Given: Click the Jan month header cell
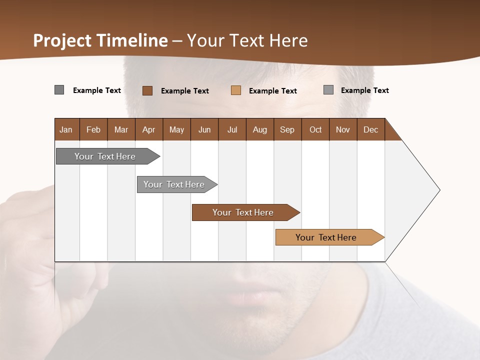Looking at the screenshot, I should coord(66,129).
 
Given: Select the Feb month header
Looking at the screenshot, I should coord(93,129).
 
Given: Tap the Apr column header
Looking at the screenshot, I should coord(149,129).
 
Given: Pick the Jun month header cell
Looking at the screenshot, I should coord(204,129).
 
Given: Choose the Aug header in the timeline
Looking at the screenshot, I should coord(260,129).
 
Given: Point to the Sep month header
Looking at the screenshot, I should coord(287,129).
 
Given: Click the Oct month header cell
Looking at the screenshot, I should coord(315,129).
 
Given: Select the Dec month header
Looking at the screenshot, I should coord(371,129).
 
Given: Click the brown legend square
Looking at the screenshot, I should coord(147,90).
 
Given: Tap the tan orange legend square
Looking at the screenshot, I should coord(236,90).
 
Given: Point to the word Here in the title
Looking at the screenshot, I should coord(288,40).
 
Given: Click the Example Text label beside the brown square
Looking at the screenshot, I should coord(185,91).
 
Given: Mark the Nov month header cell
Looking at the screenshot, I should coord(343,129).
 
